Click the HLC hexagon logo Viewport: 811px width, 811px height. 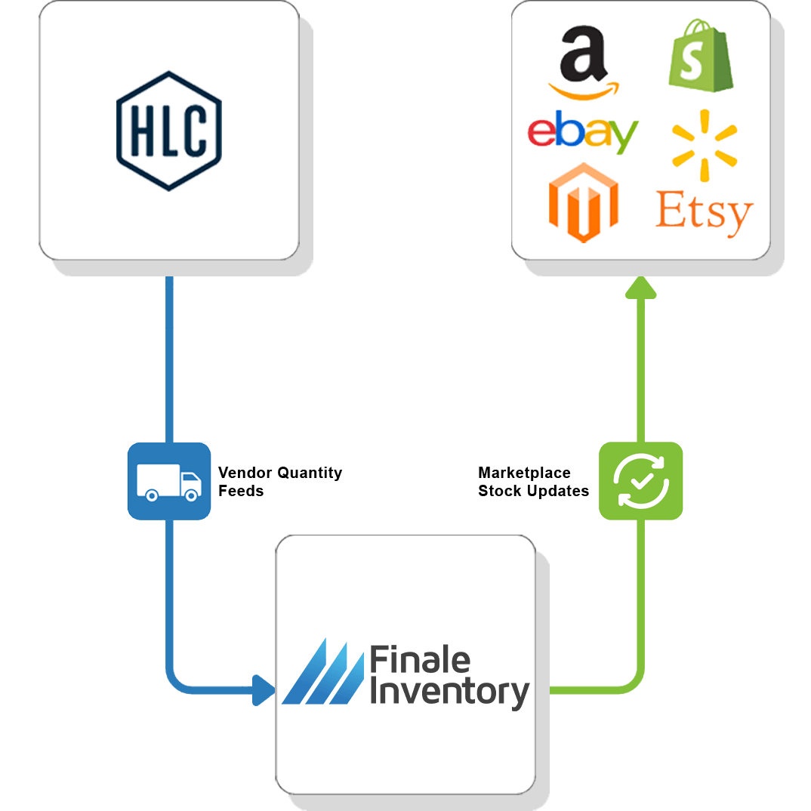[169, 131]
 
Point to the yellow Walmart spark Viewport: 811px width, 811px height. [704, 144]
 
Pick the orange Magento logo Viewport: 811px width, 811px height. [582, 202]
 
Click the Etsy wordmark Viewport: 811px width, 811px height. [704, 211]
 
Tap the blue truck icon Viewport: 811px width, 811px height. [169, 481]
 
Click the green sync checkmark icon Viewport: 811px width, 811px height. [640, 481]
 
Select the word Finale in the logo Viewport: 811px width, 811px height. [419, 661]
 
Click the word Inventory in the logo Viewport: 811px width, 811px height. [450, 693]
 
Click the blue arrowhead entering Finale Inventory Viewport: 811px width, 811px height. [264, 689]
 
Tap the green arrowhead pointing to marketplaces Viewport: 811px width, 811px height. [640, 287]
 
